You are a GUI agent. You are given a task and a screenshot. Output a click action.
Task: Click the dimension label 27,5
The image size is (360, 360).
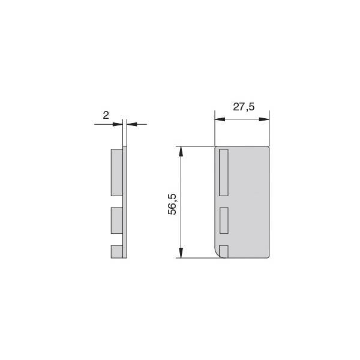pyautogui.click(x=244, y=107)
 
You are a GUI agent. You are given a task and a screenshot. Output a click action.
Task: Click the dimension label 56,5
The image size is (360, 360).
pyautogui.click(x=172, y=205)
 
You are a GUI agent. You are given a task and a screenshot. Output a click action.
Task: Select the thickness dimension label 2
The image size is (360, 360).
pyautogui.click(x=106, y=115)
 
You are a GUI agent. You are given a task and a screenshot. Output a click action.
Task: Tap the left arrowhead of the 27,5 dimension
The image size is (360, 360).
pyautogui.click(x=220, y=119)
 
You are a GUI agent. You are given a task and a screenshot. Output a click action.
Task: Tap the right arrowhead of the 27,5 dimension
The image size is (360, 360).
pyautogui.click(x=264, y=119)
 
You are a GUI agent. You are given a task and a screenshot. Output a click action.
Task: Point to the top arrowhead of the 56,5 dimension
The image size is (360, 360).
pyautogui.click(x=181, y=151)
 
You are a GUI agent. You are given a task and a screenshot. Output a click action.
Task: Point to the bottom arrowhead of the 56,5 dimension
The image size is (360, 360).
pyautogui.click(x=181, y=253)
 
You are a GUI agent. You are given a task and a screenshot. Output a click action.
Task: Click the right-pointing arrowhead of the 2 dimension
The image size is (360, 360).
pyautogui.click(x=118, y=124)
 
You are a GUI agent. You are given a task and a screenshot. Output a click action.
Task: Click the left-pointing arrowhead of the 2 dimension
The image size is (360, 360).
pyautogui.click(x=132, y=124)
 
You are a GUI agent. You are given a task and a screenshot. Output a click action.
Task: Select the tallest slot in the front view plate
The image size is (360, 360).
pyautogui.click(x=224, y=172)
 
